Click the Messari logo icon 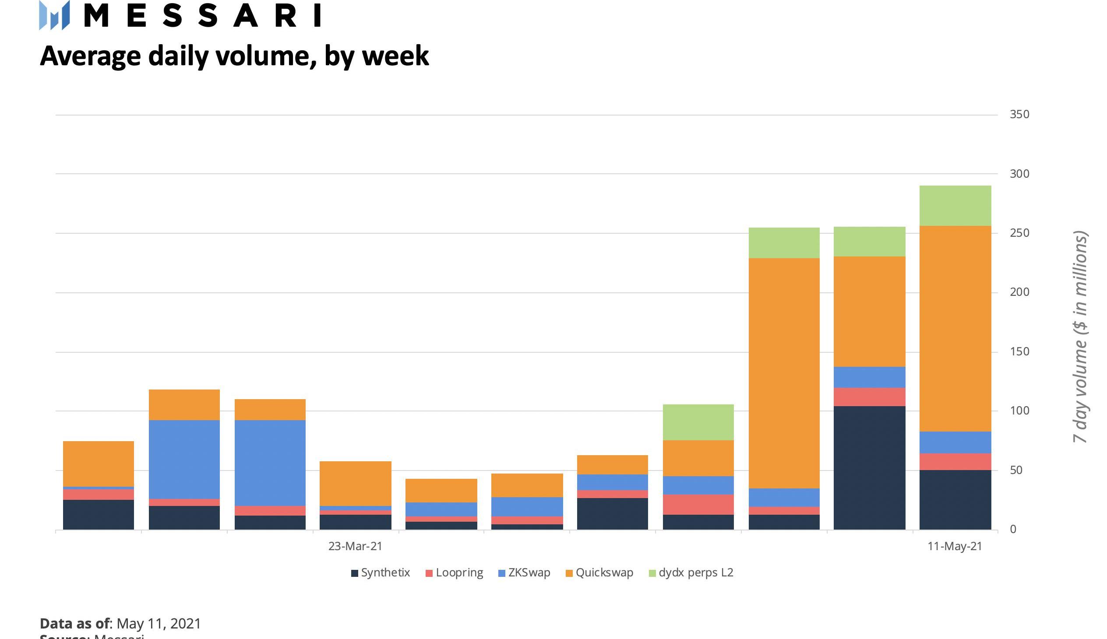click(x=54, y=15)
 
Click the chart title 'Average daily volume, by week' click(x=234, y=56)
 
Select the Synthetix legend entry click(x=381, y=573)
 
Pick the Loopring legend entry click(x=455, y=573)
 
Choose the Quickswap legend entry click(x=599, y=573)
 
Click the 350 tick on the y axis click(x=1019, y=115)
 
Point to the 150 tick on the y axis click(x=1019, y=351)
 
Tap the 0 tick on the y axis click(x=1013, y=529)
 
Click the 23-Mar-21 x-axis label click(x=355, y=546)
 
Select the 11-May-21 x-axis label click(x=955, y=546)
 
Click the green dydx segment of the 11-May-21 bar click(x=955, y=205)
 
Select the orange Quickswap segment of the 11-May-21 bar click(x=955, y=328)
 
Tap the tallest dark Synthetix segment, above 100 click(x=869, y=467)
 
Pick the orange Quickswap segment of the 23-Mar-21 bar click(x=355, y=483)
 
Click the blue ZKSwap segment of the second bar click(x=184, y=459)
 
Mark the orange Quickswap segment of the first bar click(x=99, y=463)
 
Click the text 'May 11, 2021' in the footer click(x=159, y=624)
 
